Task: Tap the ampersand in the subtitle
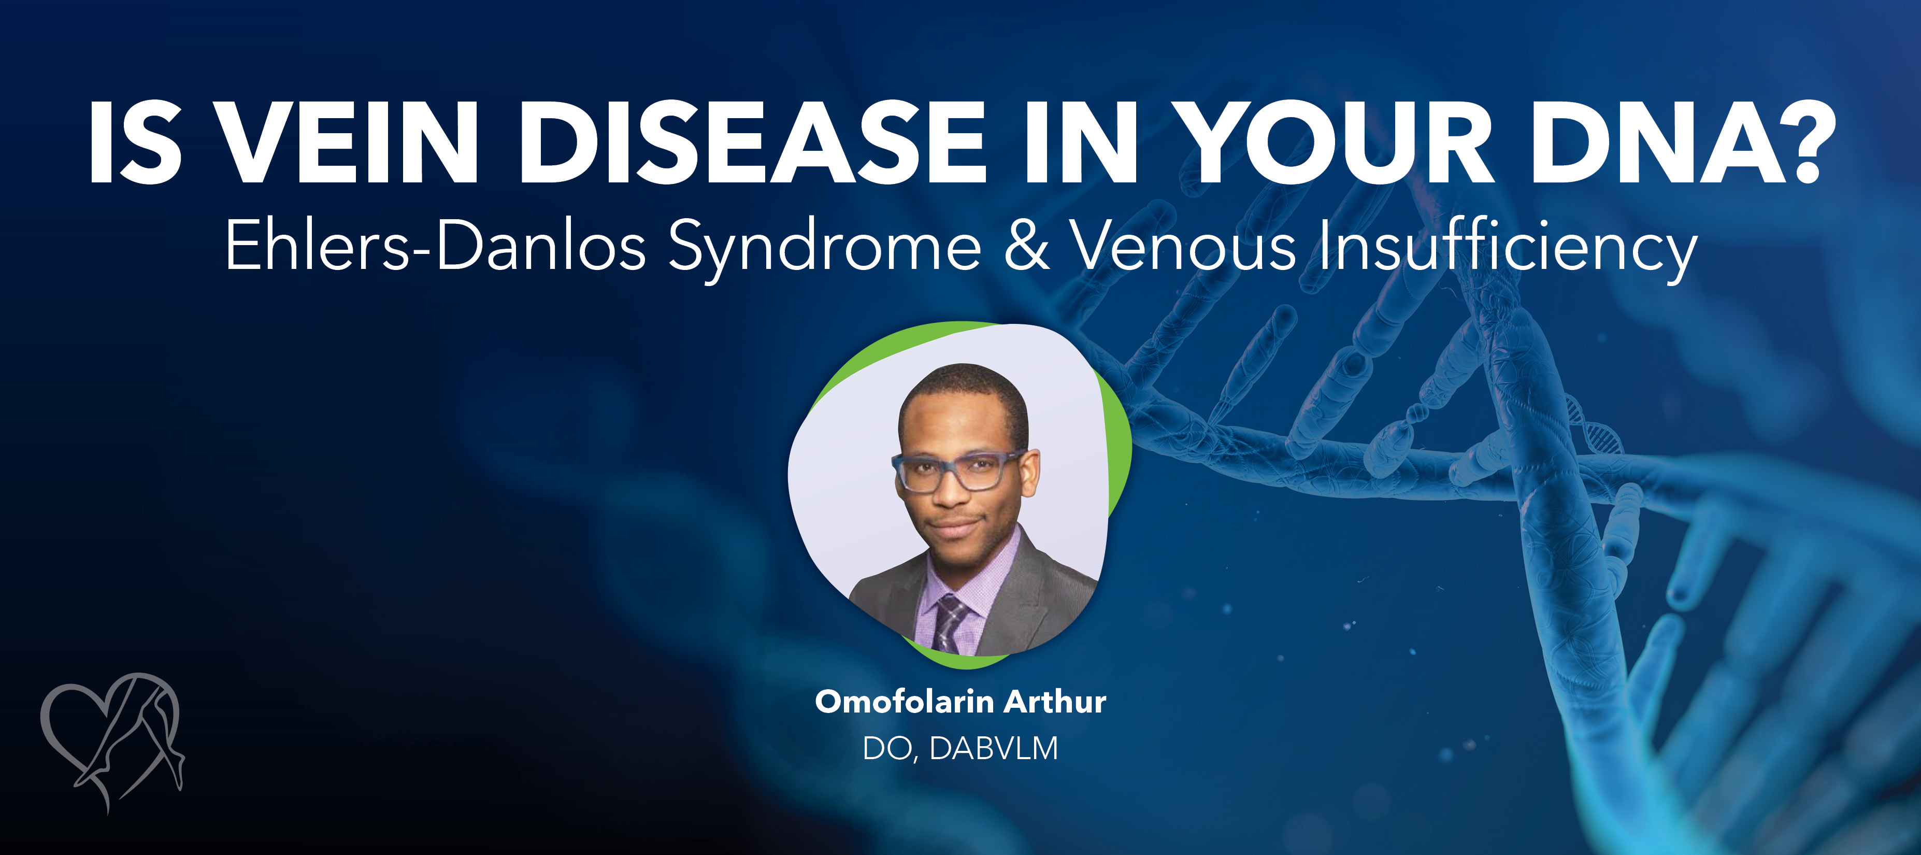tap(1026, 246)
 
